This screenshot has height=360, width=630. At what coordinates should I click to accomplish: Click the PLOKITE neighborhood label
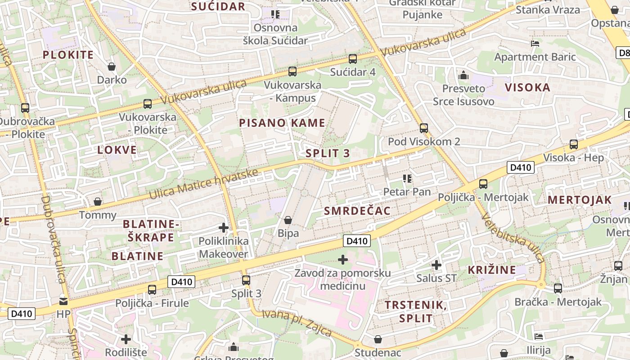[x=68, y=55]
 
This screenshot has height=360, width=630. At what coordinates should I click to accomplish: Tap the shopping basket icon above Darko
[x=112, y=67]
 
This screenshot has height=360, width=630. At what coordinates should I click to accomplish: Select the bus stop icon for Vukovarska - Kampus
[x=292, y=71]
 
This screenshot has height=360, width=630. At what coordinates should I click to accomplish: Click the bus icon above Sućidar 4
[x=353, y=58]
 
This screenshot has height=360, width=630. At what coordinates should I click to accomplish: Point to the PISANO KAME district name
[x=282, y=123]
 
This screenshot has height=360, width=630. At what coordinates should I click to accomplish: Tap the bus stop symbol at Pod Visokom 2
[x=423, y=128]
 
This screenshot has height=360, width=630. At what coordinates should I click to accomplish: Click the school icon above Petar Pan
[x=407, y=179]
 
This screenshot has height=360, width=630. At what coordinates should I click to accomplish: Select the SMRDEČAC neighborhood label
[x=357, y=211]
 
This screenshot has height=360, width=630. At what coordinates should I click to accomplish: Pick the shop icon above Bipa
[x=288, y=220]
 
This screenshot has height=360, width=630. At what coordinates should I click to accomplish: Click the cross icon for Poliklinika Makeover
[x=224, y=228]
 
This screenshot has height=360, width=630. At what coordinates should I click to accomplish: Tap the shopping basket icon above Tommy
[x=98, y=202]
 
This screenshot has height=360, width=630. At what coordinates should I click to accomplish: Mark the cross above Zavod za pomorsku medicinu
[x=343, y=260]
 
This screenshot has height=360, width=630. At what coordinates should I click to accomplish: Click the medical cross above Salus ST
[x=436, y=265]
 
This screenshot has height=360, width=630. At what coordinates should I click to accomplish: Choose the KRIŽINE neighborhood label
[x=492, y=270]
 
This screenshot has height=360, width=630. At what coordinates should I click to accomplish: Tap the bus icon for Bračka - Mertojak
[x=558, y=288]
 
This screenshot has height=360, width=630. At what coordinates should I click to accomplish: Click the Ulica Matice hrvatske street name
[x=203, y=184]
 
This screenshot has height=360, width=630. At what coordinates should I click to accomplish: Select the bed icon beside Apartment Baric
[x=535, y=44]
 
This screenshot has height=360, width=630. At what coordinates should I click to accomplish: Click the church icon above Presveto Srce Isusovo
[x=463, y=75]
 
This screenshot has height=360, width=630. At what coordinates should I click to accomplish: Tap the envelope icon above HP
[x=63, y=301]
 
